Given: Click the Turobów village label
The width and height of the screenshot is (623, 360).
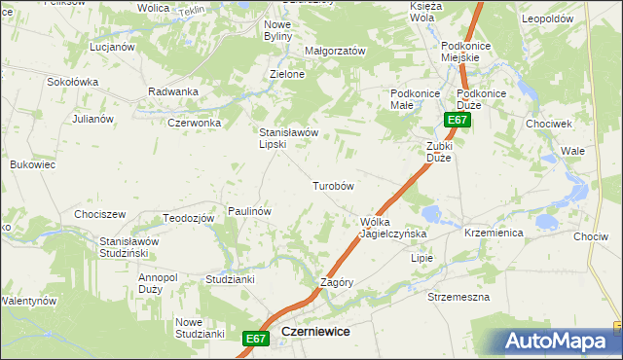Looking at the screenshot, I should coord(332,185).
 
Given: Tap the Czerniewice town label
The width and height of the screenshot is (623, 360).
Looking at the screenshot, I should coord(314,331).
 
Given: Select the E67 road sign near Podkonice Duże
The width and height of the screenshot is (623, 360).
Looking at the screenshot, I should coord(458,120).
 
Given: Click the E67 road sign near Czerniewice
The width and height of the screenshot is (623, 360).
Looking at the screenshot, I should coord(255,338).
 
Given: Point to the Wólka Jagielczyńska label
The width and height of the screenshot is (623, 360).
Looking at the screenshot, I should coord(387,228).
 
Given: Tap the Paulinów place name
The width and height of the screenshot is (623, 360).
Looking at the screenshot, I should coord(248,210).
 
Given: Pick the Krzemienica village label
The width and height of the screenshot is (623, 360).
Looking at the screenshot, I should coord(494,234).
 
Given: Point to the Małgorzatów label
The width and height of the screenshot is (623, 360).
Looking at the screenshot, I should coord(335,51).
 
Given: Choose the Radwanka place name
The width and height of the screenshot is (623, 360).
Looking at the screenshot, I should coord(173,91).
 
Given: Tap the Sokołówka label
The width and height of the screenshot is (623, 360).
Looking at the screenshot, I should coord(73,82).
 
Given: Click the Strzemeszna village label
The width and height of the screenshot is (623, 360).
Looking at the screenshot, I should coord(458,296).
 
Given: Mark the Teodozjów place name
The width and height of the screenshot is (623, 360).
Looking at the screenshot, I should coord(188,218).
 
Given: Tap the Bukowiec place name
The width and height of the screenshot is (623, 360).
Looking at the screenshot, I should coord(32,164).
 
